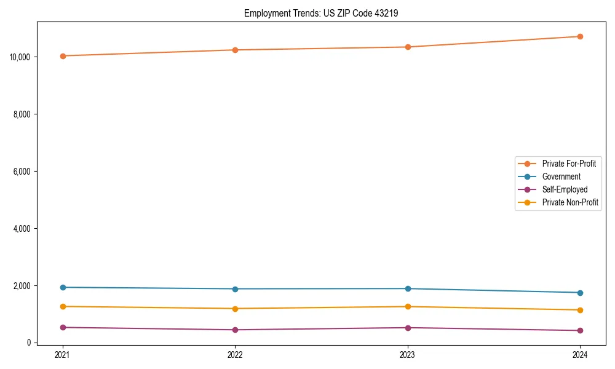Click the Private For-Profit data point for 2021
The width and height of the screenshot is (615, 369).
[x=63, y=56]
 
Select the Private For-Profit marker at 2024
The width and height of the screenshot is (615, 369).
[x=580, y=36]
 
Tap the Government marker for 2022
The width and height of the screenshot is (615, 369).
[x=235, y=289]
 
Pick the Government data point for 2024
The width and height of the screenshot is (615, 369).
[x=580, y=293]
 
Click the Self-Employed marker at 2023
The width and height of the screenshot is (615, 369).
[x=408, y=328]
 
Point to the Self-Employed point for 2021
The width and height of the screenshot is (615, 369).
[x=63, y=327]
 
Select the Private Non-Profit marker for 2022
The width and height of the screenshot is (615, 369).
[x=235, y=309]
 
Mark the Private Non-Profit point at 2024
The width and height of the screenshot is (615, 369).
[x=580, y=310]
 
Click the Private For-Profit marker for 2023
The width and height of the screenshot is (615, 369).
[x=408, y=47]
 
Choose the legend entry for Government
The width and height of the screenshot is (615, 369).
[x=561, y=177]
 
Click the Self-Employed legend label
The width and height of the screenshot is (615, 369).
[x=565, y=189]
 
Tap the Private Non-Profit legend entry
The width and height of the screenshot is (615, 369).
[x=570, y=202]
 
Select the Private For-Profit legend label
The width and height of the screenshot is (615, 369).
[x=569, y=164]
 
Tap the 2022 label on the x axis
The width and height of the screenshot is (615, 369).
[x=235, y=354]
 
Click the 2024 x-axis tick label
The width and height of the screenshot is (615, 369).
[x=580, y=354]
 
